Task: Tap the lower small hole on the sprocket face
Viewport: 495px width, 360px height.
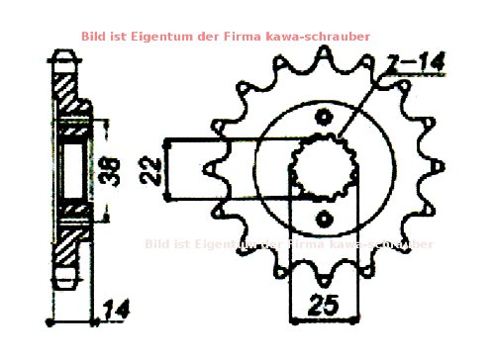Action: [323, 218]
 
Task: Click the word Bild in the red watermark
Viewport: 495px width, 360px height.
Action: [95, 36]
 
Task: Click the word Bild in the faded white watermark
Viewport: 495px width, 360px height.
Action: [156, 243]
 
